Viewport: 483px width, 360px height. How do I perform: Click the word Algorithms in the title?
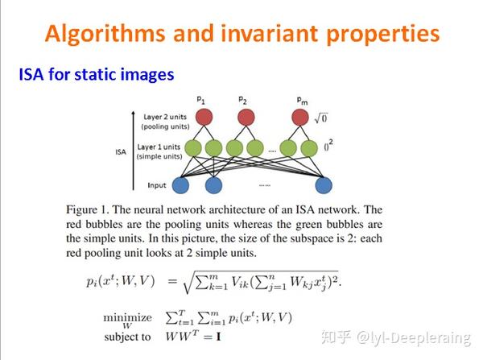pos(105,33)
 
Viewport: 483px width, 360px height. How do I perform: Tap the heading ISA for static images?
pos(97,74)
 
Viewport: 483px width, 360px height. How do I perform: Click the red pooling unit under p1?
pos(204,117)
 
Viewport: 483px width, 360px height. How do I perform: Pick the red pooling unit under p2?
pos(246,117)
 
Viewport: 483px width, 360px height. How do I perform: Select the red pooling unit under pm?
pos(300,117)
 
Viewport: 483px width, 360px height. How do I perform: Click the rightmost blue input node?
pos(324,185)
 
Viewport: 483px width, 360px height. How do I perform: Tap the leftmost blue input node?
pos(180,185)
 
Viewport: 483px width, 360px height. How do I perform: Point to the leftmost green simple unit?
pos(193,148)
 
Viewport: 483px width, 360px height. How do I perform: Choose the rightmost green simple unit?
pos(309,148)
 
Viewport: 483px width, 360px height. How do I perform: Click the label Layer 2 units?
pos(165,117)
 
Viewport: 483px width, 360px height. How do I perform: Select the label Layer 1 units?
pos(159,147)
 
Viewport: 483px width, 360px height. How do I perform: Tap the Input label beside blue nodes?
pos(157,185)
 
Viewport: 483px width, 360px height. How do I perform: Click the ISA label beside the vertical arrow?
pos(121,152)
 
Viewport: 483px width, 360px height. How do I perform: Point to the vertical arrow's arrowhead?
pos(133,112)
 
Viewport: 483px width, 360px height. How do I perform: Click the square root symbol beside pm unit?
pos(320,118)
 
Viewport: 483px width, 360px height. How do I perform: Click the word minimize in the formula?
pos(127,317)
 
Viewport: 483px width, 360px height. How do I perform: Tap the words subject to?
pos(127,337)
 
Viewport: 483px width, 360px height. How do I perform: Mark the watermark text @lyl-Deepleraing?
pos(414,337)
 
